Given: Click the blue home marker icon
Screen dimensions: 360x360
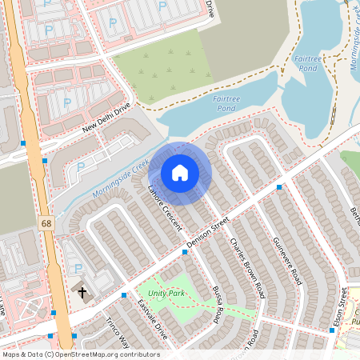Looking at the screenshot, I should tap(180, 173).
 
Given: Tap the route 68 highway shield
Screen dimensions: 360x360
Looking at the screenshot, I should tap(46, 223).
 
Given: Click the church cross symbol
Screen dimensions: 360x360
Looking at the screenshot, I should tap(82, 293).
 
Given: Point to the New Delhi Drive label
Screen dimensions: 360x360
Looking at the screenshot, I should tap(106, 121).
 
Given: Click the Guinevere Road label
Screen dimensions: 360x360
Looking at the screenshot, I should tap(286, 261).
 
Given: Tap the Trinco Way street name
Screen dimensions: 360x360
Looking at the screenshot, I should tap(117, 332).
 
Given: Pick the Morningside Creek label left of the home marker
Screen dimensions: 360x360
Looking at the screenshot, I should tap(120, 180).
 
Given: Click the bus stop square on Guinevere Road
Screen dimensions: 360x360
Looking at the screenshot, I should tap(279, 186).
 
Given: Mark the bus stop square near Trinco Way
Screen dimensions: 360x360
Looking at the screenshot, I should tap(124, 295).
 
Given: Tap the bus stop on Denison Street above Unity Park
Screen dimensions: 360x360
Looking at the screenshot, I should tap(185, 251).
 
